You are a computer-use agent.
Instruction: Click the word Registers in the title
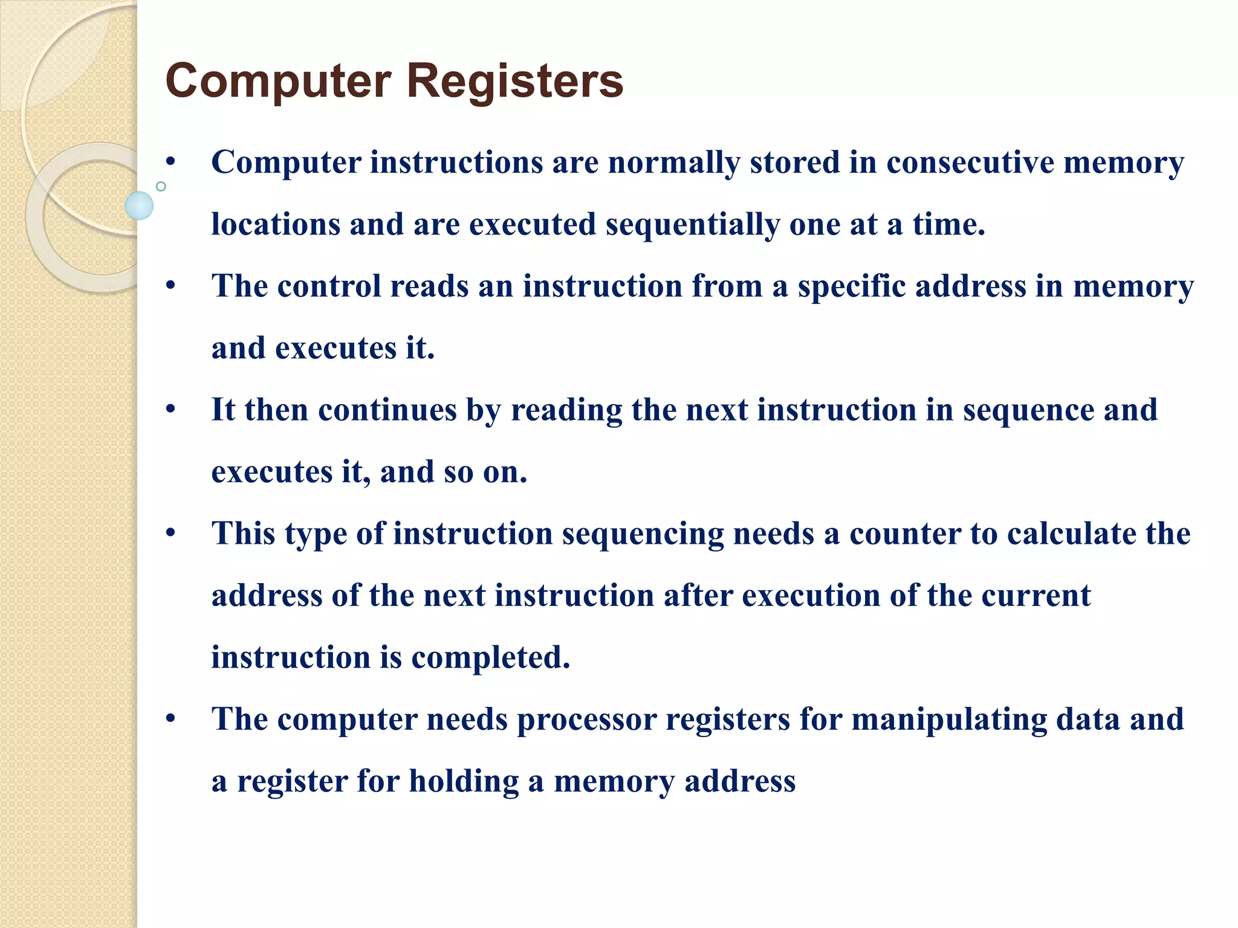coord(515,82)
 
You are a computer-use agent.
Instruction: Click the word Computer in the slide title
coord(278,82)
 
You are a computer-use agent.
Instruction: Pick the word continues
coord(387,410)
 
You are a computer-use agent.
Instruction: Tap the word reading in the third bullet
coord(566,410)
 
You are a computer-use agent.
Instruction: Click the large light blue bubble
coord(139,205)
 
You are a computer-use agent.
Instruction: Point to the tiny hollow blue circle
coord(161,187)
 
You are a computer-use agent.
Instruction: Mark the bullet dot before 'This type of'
coord(171,533)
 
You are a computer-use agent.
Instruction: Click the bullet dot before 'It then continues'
coord(171,410)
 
